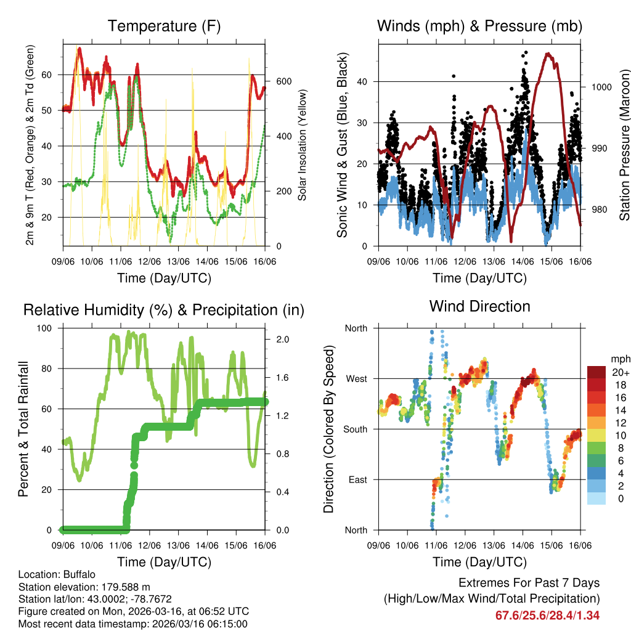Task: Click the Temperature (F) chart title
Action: [164, 26]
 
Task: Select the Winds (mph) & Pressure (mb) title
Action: [479, 26]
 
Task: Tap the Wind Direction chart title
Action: [479, 306]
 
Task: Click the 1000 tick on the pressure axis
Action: [601, 87]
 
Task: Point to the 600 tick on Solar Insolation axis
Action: [283, 81]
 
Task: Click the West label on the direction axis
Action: [356, 379]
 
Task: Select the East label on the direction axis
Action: [357, 479]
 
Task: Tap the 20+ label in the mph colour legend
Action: [619, 373]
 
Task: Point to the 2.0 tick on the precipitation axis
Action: [282, 340]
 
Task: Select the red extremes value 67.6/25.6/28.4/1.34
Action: [547, 615]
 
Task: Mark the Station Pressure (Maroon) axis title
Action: [624, 145]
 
